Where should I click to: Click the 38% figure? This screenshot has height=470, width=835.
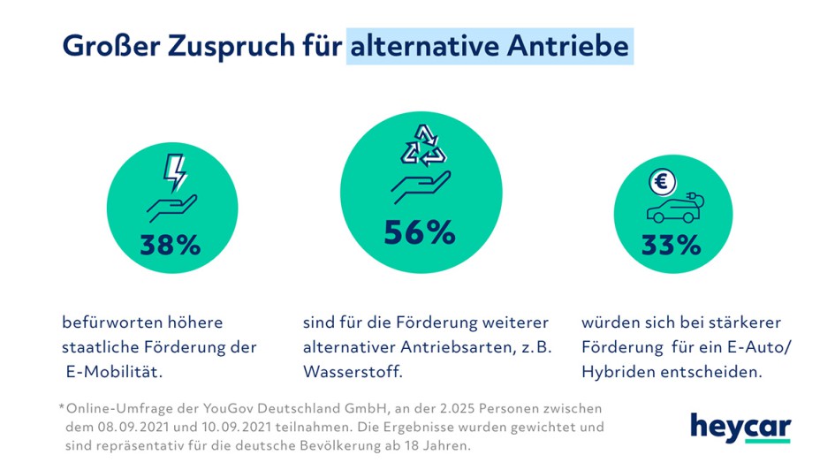pyautogui.click(x=171, y=245)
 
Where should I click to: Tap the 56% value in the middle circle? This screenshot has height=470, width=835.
pyautogui.click(x=420, y=231)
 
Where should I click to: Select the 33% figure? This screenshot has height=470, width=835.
pyautogui.click(x=672, y=245)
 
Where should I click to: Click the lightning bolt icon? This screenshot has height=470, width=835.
pyautogui.click(x=176, y=173)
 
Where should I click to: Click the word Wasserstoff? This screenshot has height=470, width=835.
pyautogui.click(x=352, y=372)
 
